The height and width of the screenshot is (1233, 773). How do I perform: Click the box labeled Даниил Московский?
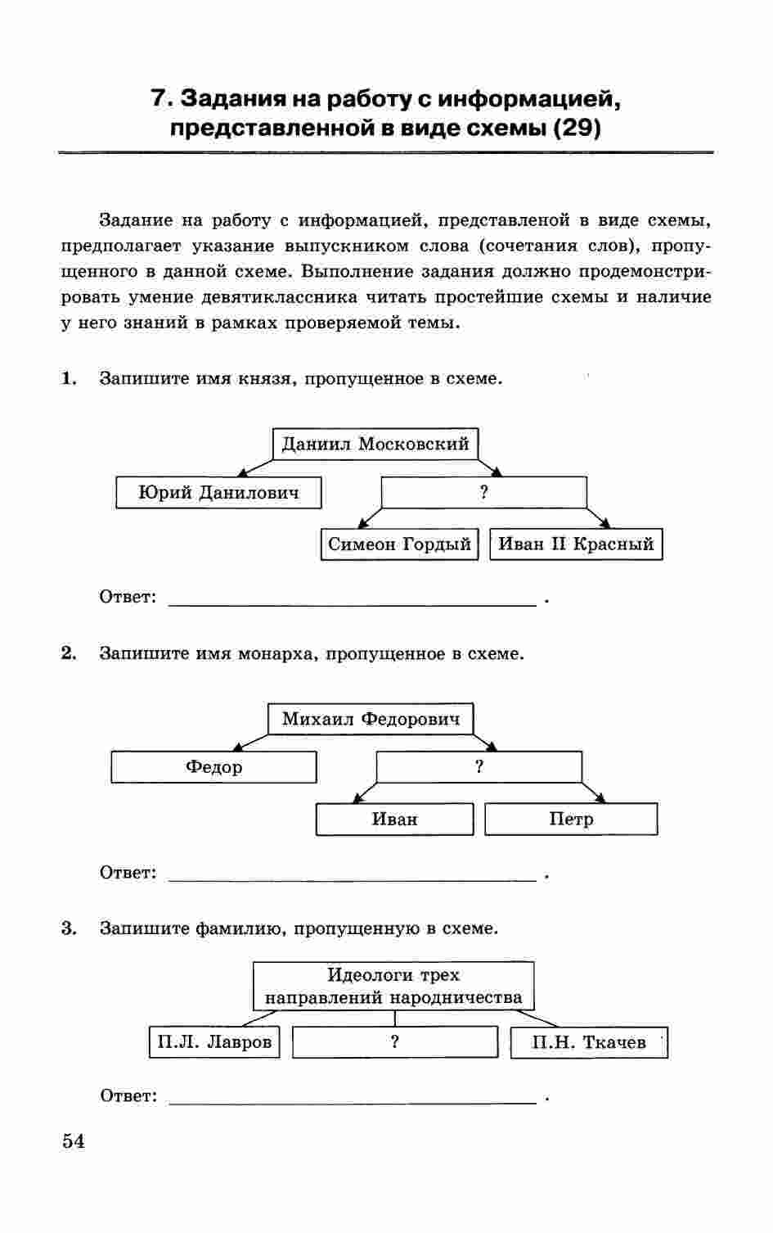point(375,445)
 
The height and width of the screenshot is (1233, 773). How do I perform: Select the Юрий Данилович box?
point(218,493)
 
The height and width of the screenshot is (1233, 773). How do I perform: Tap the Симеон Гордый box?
point(399,544)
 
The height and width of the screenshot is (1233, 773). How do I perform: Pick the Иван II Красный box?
point(576,544)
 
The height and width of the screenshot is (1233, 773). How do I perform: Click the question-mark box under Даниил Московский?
point(484,493)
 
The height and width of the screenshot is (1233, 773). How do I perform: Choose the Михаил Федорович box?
point(371,720)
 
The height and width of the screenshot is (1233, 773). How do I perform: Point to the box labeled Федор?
point(213,767)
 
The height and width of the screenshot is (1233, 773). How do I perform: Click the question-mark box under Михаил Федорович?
point(479,767)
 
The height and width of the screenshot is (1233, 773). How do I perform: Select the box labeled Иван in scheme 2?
point(394,819)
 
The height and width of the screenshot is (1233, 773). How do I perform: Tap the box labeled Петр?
point(571,819)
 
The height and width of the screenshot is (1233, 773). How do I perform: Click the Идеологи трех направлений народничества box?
point(393,987)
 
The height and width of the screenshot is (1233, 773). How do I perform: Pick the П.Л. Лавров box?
point(214,1042)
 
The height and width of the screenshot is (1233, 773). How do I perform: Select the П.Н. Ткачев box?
point(589,1042)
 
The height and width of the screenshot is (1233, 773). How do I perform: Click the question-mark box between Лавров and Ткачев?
point(395,1042)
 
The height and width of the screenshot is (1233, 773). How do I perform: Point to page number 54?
point(73,1141)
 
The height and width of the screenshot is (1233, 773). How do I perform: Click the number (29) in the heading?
point(578,129)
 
